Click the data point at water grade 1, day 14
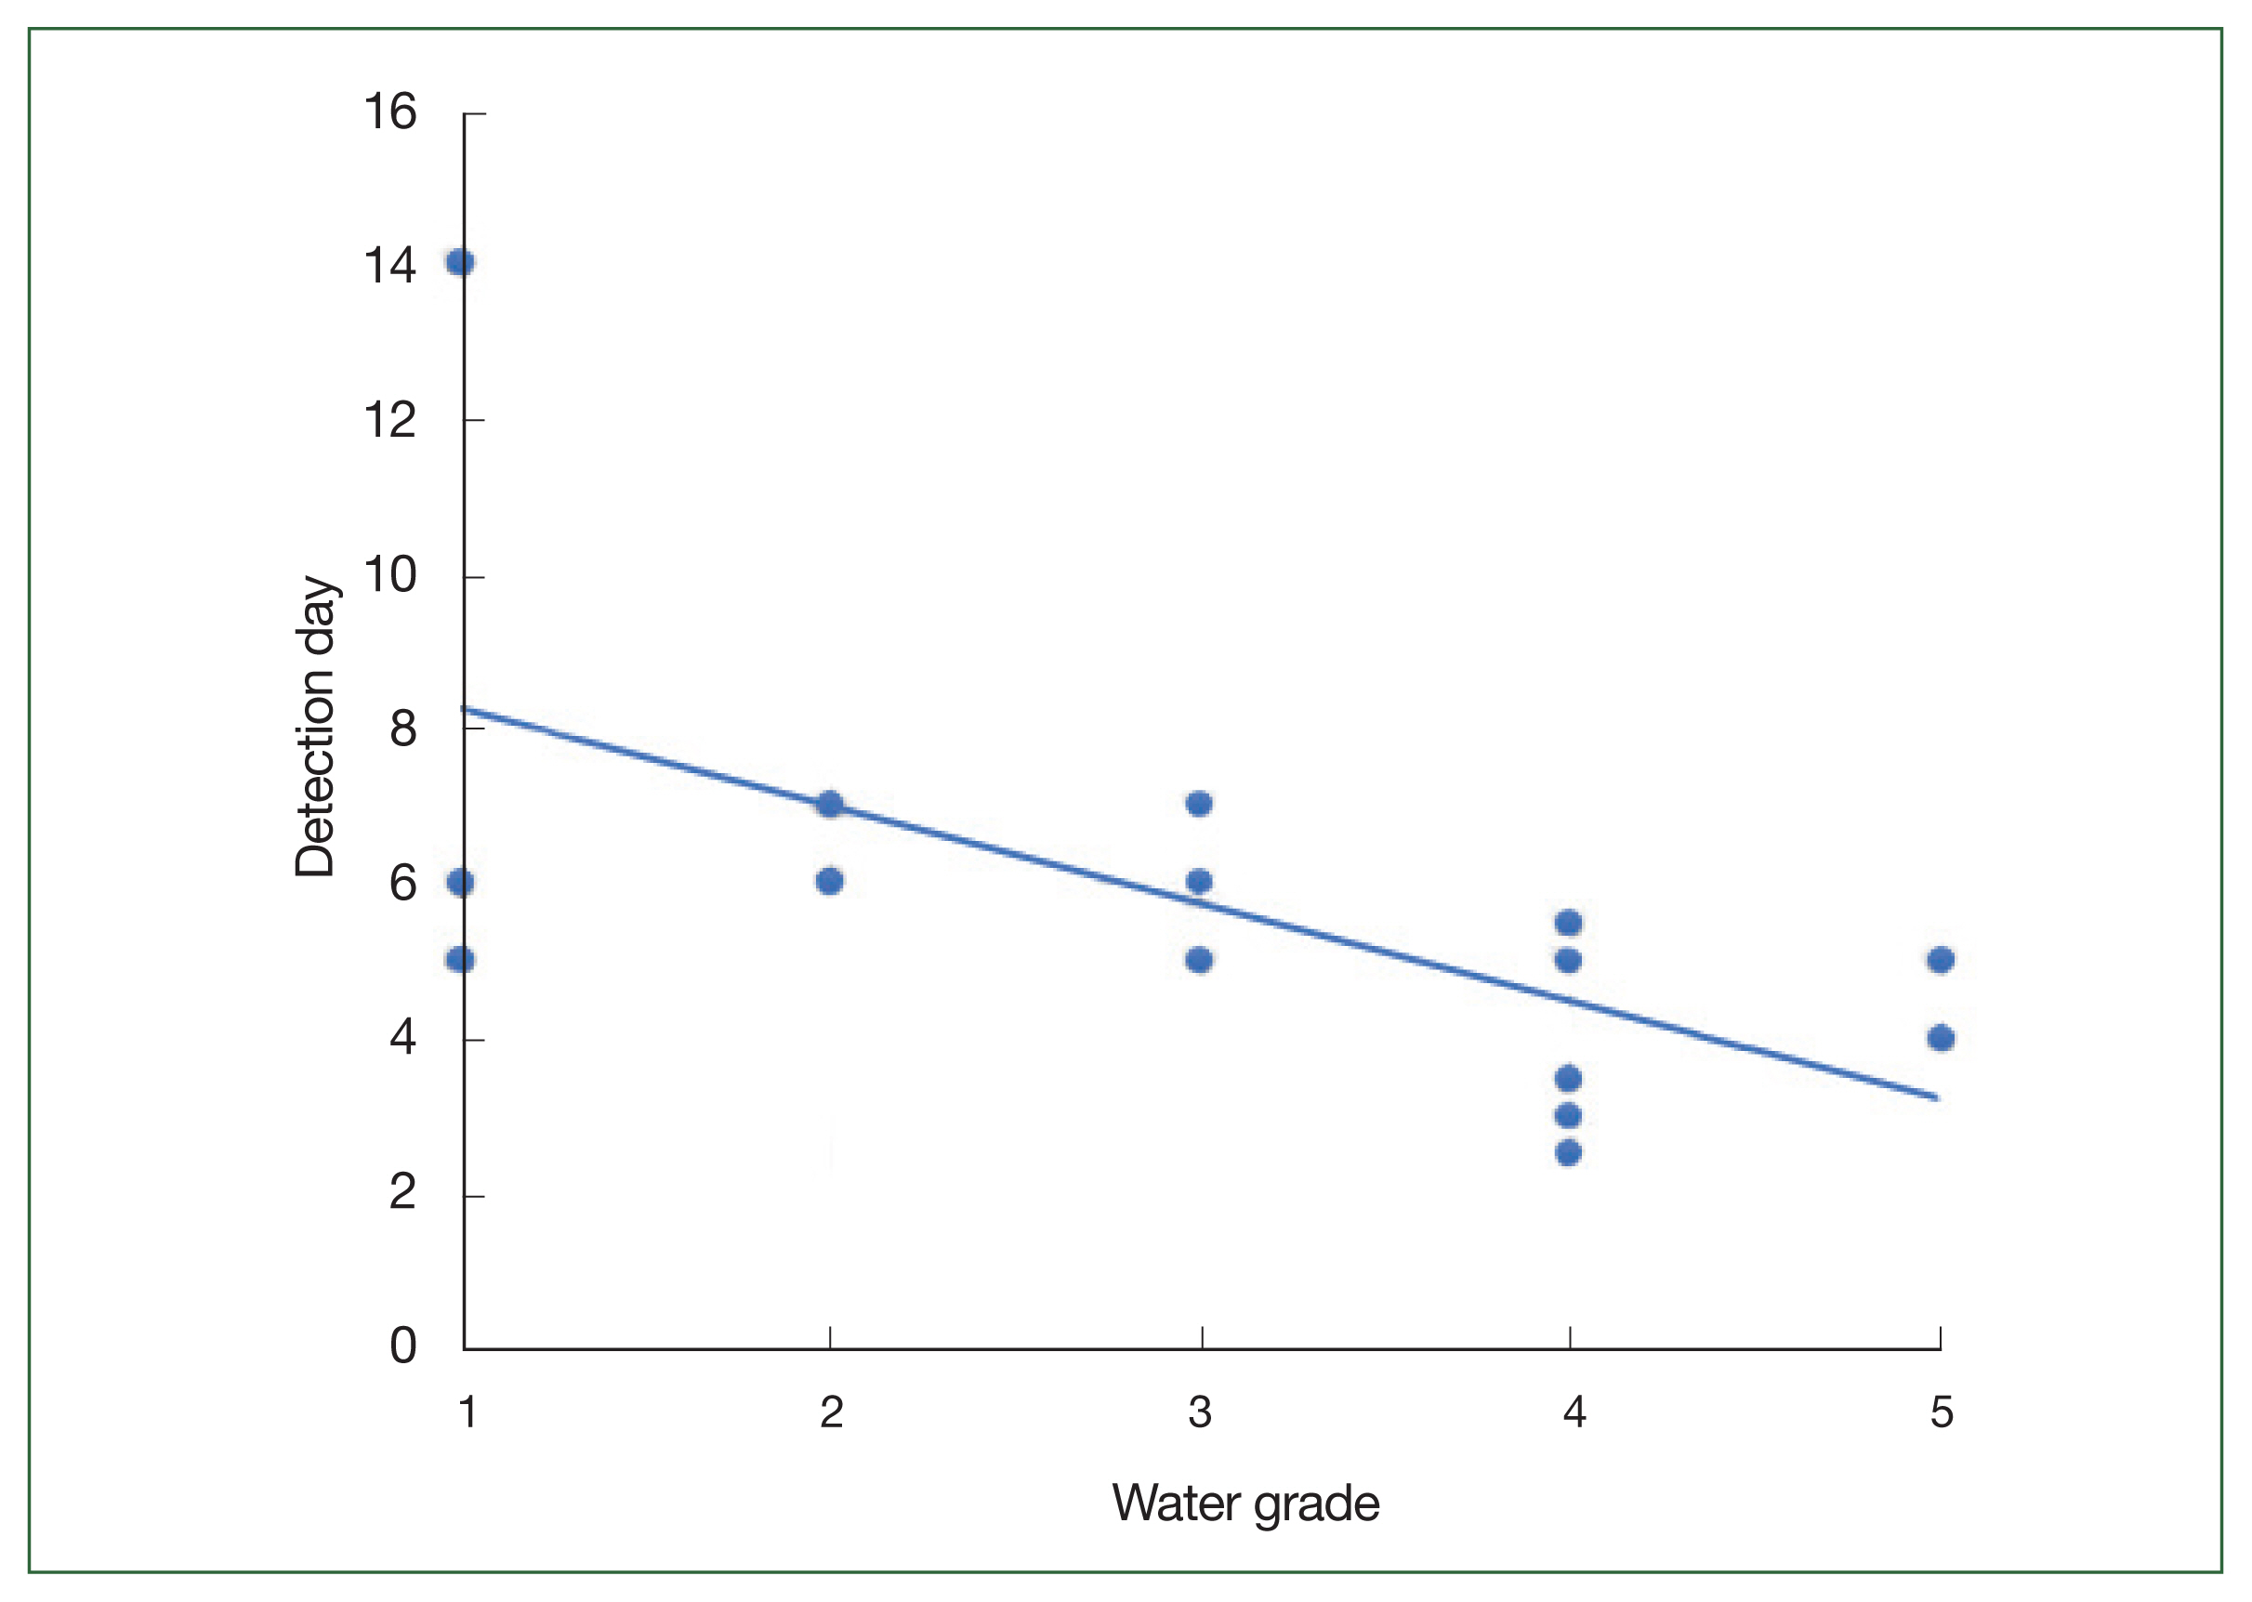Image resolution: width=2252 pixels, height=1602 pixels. pyautogui.click(x=460, y=262)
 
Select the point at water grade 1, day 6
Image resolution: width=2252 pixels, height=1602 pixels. pyautogui.click(x=460, y=882)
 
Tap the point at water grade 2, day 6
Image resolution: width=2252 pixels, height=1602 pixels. pyautogui.click(x=830, y=881)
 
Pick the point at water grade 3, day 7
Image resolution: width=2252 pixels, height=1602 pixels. pyautogui.click(x=1199, y=804)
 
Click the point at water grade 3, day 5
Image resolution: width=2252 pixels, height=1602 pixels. pyautogui.click(x=1199, y=960)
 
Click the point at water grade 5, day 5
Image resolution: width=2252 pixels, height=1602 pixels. pyautogui.click(x=1941, y=960)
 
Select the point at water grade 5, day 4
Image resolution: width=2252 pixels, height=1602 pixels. pyautogui.click(x=1941, y=1038)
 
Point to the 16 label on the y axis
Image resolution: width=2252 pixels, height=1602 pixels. pyautogui.click(x=389, y=112)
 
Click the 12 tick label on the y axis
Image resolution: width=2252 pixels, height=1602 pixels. pyautogui.click(x=389, y=420)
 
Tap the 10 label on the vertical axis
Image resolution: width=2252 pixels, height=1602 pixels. pyautogui.click(x=389, y=574)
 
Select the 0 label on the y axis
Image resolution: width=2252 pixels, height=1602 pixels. pyautogui.click(x=402, y=1346)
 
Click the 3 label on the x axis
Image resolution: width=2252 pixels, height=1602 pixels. pyautogui.click(x=1200, y=1412)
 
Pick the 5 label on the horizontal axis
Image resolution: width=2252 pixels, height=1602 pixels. pyautogui.click(x=1942, y=1412)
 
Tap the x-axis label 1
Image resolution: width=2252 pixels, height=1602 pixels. pyautogui.click(x=468, y=1412)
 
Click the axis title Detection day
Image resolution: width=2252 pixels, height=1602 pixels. pyautogui.click(x=316, y=727)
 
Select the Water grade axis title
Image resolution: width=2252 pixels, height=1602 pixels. pyautogui.click(x=1245, y=1504)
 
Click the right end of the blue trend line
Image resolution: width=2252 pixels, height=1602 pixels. pyautogui.click(x=1935, y=1096)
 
